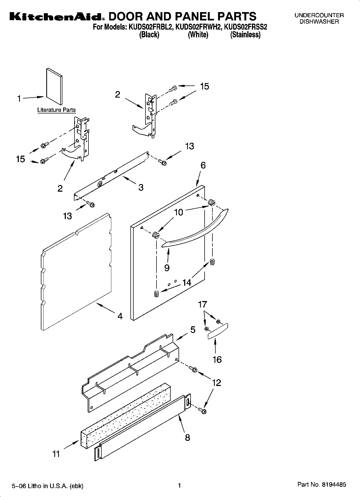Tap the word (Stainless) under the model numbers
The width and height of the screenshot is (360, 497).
(x=245, y=35)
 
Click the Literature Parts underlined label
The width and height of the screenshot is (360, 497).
(x=56, y=110)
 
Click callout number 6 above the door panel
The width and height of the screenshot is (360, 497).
(x=203, y=165)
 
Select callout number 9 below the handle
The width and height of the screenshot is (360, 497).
(x=167, y=268)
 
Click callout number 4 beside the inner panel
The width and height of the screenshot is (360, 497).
(x=120, y=316)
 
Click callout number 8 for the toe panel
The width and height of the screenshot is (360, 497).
(x=187, y=437)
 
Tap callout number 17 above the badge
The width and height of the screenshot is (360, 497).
(x=202, y=305)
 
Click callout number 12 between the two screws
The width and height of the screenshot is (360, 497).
(x=216, y=382)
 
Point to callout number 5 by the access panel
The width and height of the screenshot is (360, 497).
(x=193, y=330)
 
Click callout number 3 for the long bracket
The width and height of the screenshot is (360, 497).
(x=141, y=187)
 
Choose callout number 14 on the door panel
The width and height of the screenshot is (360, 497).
(x=187, y=283)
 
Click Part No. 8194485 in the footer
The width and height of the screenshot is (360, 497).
(x=322, y=485)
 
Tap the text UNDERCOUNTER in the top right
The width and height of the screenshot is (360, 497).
(x=319, y=15)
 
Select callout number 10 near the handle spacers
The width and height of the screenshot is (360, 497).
(x=179, y=212)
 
